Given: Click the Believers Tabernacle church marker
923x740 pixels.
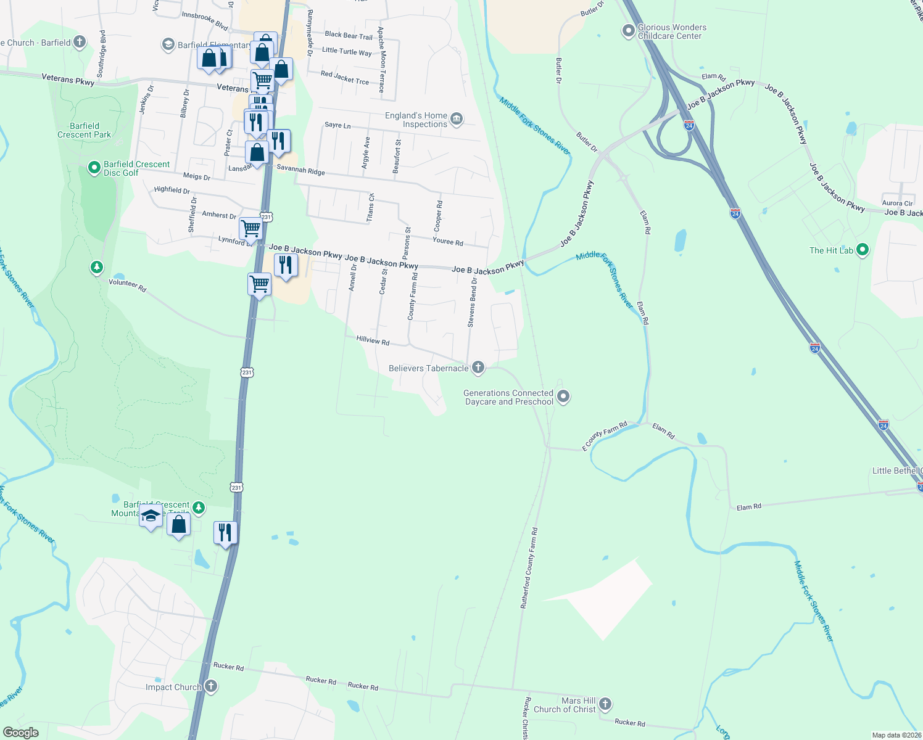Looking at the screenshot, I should click(x=478, y=368).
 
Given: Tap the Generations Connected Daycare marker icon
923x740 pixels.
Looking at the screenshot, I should click(x=563, y=397).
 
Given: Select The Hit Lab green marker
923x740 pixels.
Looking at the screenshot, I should click(x=863, y=250).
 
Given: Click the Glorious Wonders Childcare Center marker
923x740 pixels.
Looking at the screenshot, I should click(x=628, y=31).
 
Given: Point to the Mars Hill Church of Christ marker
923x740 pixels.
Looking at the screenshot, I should click(x=605, y=704).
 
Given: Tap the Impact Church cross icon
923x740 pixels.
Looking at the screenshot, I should click(x=211, y=686).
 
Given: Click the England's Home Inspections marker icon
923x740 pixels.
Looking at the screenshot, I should click(x=457, y=119).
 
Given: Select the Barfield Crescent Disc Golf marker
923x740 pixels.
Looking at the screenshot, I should click(x=94, y=168).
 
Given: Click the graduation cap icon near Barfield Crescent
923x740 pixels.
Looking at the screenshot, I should click(x=151, y=516).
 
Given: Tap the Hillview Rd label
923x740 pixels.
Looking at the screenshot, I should click(x=373, y=340).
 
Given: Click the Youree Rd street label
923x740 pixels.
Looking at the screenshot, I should click(x=448, y=242).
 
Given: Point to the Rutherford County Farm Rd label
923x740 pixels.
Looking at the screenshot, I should click(x=529, y=568).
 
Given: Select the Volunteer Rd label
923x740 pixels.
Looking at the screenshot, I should click(x=128, y=285).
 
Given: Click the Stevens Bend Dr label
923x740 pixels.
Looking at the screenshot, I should click(x=472, y=302).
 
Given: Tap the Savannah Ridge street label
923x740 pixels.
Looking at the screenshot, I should click(x=300, y=170).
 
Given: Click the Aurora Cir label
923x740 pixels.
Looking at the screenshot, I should click(x=897, y=203).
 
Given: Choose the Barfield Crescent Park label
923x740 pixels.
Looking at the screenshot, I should click(x=85, y=130).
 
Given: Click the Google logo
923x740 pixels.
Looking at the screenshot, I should click(x=20, y=733).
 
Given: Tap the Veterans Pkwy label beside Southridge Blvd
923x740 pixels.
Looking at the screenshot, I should click(x=68, y=79).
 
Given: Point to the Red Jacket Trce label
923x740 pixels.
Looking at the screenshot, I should click(x=345, y=78).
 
